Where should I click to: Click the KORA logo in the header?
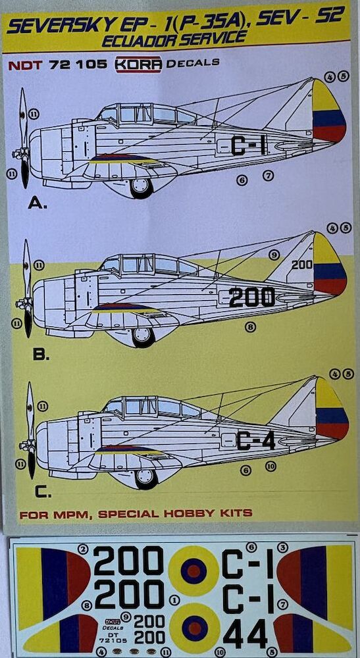pos(138,64)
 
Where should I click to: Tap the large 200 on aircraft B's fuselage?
pos(252,297)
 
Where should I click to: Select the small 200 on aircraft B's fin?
pos(302,265)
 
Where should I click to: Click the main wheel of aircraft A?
pos(141,187)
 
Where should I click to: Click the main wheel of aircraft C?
pos(146,478)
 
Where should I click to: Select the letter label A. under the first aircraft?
pos(38,204)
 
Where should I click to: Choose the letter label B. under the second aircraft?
pos(41,355)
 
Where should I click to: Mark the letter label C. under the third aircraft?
pos(43,492)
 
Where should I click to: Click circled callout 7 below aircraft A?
pos(268,176)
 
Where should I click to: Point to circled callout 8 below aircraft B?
pos(251,326)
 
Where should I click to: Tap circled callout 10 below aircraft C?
pos(270,465)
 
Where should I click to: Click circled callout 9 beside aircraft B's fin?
pos(274,254)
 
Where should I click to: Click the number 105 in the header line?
pos(89,64)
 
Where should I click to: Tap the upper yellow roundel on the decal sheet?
pos(194,571)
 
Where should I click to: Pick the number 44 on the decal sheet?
pos(245,633)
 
